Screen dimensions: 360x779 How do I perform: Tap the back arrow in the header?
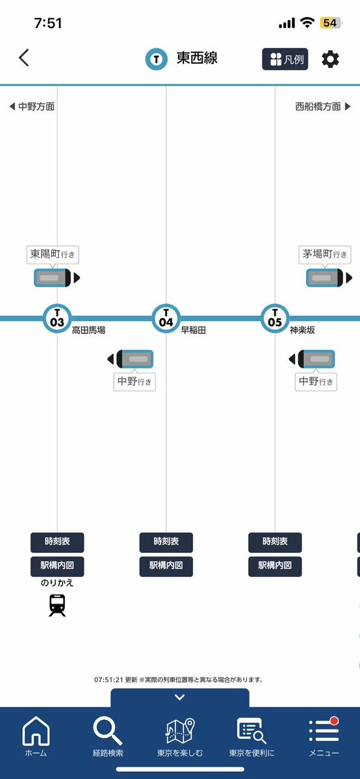pyautogui.click(x=24, y=58)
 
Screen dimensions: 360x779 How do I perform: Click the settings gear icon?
pyautogui.click(x=330, y=60)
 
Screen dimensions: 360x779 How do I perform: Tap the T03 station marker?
pyautogui.click(x=57, y=318)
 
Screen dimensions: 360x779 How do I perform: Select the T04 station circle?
pyautogui.click(x=166, y=318)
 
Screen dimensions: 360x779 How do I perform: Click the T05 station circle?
pyautogui.click(x=275, y=318)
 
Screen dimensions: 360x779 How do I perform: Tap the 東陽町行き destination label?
pyautogui.click(x=53, y=255)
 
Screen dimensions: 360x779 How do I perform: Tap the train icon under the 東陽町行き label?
pyautogui.click(x=57, y=277)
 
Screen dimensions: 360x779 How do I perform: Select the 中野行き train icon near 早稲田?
pyautogui.click(x=130, y=359)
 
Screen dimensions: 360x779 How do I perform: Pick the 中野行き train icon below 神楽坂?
pyautogui.click(x=312, y=359)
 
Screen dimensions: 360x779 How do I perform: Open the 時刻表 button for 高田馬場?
pyautogui.click(x=57, y=542)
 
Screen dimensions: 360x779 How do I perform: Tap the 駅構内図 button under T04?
pyautogui.click(x=166, y=567)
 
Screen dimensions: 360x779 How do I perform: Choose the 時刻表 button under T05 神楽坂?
pyautogui.click(x=275, y=542)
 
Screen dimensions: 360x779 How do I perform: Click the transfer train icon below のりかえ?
pyautogui.click(x=57, y=606)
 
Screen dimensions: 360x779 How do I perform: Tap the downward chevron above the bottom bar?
pyautogui.click(x=180, y=698)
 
